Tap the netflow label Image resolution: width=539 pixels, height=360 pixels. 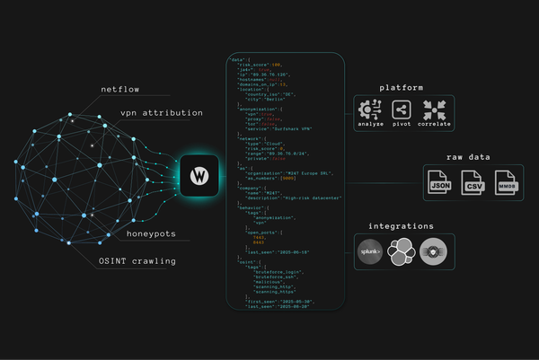coord(121,91)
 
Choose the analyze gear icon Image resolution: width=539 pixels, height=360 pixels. coord(369,110)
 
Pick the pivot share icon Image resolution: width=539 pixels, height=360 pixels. coord(402,110)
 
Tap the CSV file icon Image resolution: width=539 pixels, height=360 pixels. coord(473,186)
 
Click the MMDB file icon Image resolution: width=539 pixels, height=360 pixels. coord(507,186)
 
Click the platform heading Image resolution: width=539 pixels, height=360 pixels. coord(402,87)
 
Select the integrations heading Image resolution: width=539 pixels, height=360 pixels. coord(402,226)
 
